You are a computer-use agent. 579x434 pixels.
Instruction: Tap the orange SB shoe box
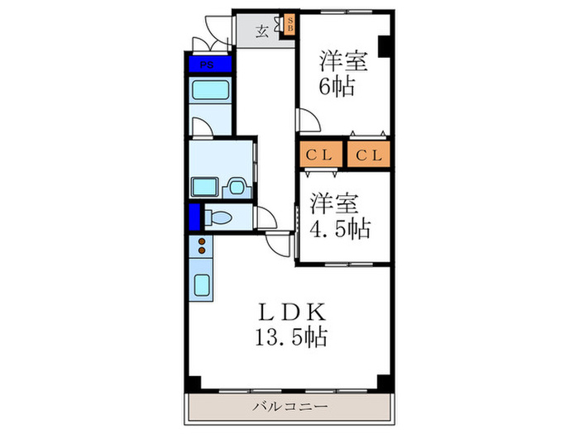coord(289,26)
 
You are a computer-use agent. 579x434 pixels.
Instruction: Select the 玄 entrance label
coord(261,31)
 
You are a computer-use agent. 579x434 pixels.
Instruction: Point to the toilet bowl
coord(219,218)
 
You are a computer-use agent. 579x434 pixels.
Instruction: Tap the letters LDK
coord(293,312)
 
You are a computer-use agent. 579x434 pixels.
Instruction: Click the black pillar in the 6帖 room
coord(385,46)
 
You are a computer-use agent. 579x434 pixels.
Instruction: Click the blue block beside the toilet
coord(194,217)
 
